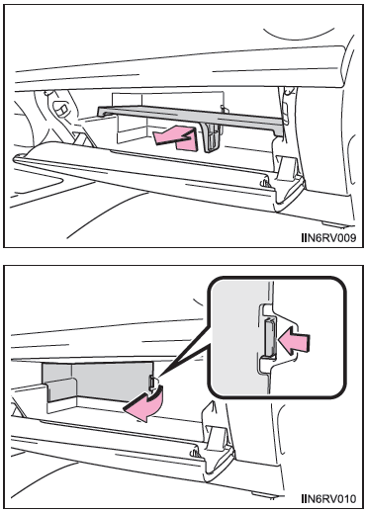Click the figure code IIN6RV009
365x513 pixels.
[328, 237]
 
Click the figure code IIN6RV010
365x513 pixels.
[328, 498]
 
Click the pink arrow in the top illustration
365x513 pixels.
[176, 138]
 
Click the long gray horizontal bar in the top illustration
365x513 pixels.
[190, 116]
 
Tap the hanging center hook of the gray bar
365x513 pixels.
[211, 137]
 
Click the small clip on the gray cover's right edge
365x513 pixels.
[151, 383]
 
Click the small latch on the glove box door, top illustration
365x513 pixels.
[265, 183]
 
